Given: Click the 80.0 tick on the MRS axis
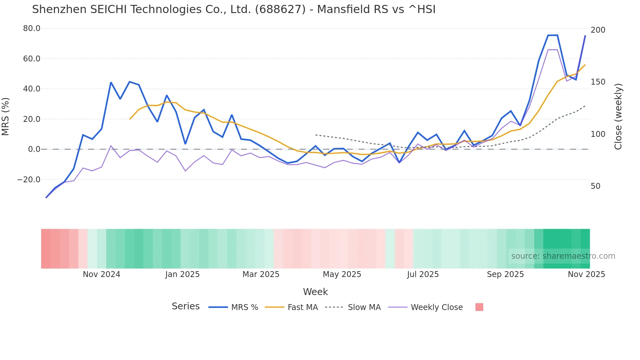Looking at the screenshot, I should click(x=31, y=28).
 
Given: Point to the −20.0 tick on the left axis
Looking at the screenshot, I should click(x=29, y=179).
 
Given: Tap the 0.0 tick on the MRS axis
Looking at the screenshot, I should click(x=34, y=149).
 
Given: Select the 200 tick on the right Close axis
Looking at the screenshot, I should click(x=598, y=30).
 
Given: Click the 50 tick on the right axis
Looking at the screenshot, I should click(x=595, y=186).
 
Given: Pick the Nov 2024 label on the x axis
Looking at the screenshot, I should click(x=101, y=274).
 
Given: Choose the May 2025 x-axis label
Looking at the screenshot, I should click(x=342, y=274).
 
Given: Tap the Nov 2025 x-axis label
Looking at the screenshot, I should click(x=586, y=274).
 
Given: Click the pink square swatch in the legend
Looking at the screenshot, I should click(x=479, y=307).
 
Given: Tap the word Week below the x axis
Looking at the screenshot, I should click(x=315, y=291).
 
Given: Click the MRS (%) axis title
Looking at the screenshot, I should click(x=6, y=116).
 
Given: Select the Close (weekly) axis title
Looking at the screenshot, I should click(x=618, y=116).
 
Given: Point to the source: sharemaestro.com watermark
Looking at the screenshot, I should click(x=563, y=256).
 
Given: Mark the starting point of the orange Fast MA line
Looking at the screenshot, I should click(x=130, y=119).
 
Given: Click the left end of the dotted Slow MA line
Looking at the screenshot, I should click(x=315, y=135).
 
